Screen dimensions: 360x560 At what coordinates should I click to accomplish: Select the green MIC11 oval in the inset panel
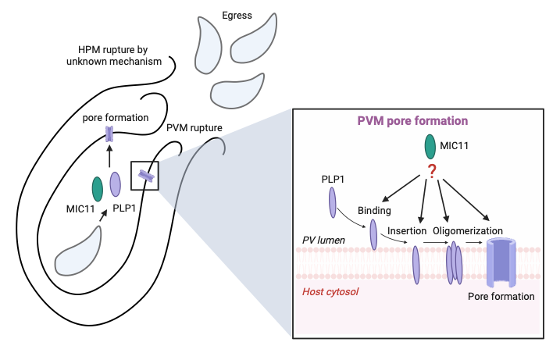(x=430, y=147)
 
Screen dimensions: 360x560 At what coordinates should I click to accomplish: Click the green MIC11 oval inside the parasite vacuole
(x=97, y=187)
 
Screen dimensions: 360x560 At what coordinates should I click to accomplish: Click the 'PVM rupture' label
(x=194, y=127)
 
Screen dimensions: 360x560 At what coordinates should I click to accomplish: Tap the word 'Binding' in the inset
(x=374, y=211)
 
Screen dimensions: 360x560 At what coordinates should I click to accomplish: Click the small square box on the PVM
(x=144, y=176)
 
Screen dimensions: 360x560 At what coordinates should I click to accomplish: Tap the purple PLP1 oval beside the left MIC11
(x=116, y=184)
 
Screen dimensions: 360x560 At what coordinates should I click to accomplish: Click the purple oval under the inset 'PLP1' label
(x=333, y=200)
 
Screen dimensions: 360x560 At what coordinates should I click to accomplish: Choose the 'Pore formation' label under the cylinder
(x=501, y=296)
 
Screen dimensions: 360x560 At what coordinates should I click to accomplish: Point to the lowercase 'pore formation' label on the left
(x=116, y=118)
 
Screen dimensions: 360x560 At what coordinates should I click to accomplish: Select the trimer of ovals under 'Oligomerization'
(x=454, y=261)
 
